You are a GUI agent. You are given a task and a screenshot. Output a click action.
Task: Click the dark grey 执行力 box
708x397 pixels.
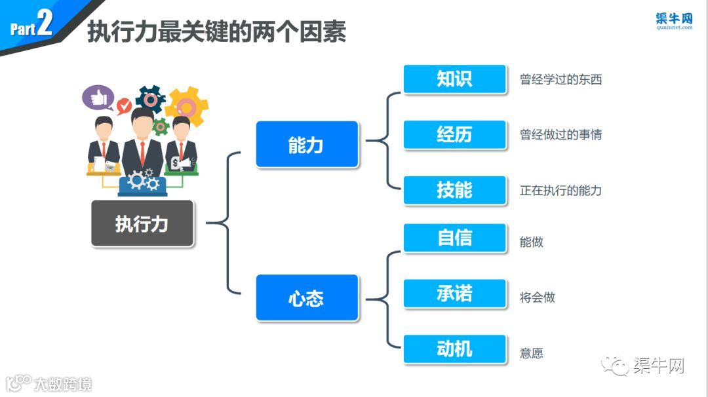coord(142,223)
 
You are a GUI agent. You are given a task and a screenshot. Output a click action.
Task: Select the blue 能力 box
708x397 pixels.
coord(307,144)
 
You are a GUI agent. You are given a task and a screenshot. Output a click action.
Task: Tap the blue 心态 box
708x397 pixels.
coord(307,297)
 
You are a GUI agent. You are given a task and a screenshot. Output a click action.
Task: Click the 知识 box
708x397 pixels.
coord(454,79)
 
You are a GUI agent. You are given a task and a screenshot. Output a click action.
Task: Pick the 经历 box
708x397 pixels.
coord(454,134)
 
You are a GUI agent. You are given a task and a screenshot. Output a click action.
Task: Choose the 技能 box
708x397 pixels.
coord(454,190)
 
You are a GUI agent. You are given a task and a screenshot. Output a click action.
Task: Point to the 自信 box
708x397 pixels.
coord(454,238)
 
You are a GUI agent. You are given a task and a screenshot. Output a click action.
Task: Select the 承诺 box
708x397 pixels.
coord(454,293)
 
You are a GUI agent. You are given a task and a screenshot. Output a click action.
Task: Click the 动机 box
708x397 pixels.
coord(454,349)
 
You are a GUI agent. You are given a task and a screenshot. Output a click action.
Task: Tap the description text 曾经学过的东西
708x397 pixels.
coord(560,80)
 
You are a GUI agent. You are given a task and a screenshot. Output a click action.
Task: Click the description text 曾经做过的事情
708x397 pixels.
coord(560,135)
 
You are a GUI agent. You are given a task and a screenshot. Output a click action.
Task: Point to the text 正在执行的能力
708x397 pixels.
coord(560,191)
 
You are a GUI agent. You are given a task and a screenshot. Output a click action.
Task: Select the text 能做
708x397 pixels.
coord(531,242)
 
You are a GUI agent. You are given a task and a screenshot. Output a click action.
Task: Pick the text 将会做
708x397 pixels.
coord(537,297)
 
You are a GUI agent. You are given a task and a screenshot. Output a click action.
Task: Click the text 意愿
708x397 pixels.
coord(531,353)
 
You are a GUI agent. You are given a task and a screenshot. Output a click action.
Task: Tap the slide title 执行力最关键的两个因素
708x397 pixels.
coord(216,31)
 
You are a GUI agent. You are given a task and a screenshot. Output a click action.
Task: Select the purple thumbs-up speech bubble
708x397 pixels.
coord(98,98)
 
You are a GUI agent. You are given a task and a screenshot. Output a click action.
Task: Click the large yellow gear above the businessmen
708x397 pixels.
coord(187,106)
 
